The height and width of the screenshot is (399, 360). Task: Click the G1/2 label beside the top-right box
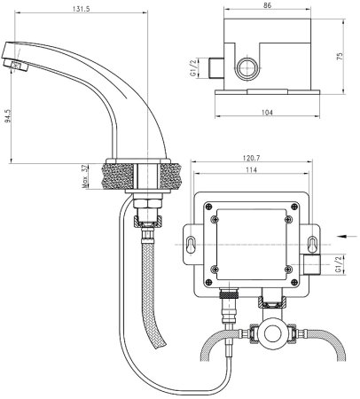(206, 66)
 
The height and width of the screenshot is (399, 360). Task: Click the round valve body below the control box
(270, 333)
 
